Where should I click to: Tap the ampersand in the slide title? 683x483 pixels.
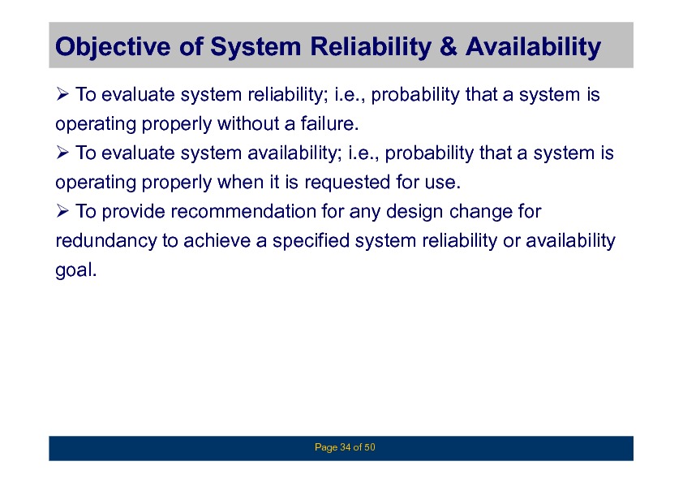pos(449,46)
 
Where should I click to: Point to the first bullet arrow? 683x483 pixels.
pos(62,93)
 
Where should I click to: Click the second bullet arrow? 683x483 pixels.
pos(62,152)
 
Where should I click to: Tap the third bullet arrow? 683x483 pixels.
pos(62,210)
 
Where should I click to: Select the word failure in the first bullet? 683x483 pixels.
pos(329,123)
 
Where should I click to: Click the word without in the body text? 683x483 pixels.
pos(248,123)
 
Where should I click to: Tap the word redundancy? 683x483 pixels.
pos(105,241)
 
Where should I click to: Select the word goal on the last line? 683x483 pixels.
pos(75,270)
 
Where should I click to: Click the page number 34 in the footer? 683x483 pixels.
pos(346,447)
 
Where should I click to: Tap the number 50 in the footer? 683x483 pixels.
pos(370,447)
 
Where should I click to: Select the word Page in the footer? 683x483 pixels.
pos(326,448)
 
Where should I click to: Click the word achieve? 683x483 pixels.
pos(217,241)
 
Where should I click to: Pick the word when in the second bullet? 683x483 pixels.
pos(238,182)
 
